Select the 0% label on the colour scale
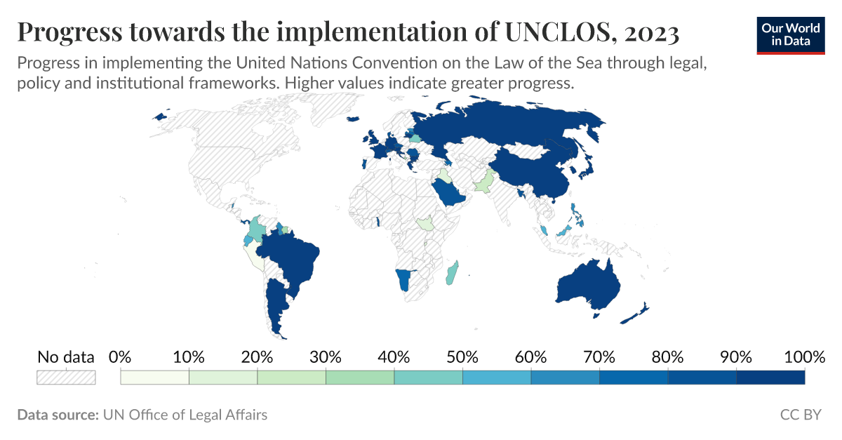click(x=121, y=357)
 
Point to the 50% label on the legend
click(x=462, y=357)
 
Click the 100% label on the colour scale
click(x=804, y=357)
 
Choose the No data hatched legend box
click(x=66, y=377)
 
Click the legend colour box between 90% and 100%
click(x=770, y=377)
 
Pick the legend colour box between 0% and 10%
click(x=155, y=377)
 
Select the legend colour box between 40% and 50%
click(x=428, y=377)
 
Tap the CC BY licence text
click(x=800, y=415)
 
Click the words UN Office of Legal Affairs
click(x=185, y=415)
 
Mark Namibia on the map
click(x=402, y=280)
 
